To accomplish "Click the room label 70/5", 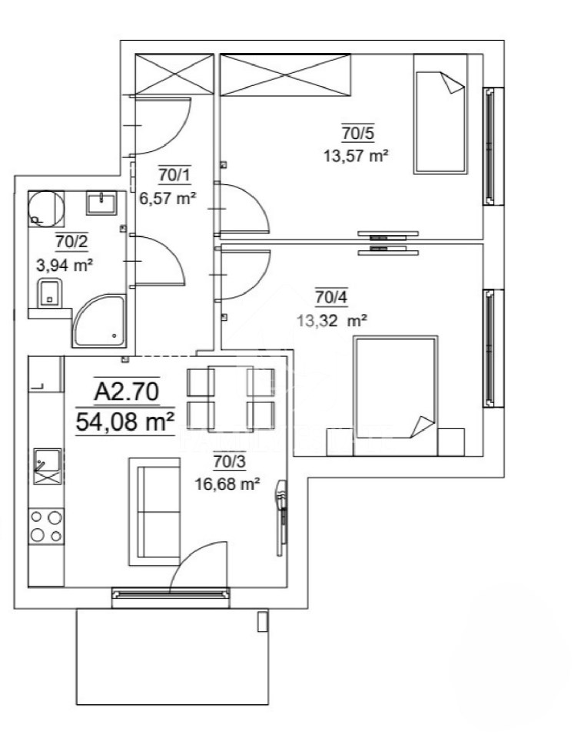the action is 358,133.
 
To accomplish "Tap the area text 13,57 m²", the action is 357,155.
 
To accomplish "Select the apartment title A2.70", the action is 127,392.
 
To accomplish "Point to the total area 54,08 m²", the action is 125,421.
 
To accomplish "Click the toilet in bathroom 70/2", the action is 49,292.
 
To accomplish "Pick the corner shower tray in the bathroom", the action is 100,322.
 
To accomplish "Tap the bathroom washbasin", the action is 101,203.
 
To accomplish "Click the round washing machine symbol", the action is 45,208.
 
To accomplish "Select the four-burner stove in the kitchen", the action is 46,527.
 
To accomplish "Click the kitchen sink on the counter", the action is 48,466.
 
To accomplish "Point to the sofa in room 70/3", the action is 154,511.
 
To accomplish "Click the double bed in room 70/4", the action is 396,395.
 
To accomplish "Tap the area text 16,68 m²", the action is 227,484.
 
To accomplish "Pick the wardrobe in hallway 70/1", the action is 174,74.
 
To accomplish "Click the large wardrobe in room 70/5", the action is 286,75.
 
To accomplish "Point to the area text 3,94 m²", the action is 65,265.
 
